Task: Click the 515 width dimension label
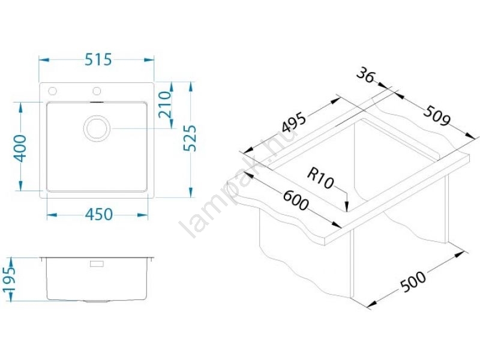point(98,59)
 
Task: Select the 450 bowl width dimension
point(99,215)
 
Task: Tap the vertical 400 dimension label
point(21,148)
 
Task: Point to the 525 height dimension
point(190,138)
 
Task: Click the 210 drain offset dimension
point(165,105)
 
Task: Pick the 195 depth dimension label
point(9,279)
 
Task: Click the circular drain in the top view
point(97,128)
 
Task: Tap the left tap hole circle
point(52,91)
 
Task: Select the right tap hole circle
point(97,91)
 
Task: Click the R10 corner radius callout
point(320,179)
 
